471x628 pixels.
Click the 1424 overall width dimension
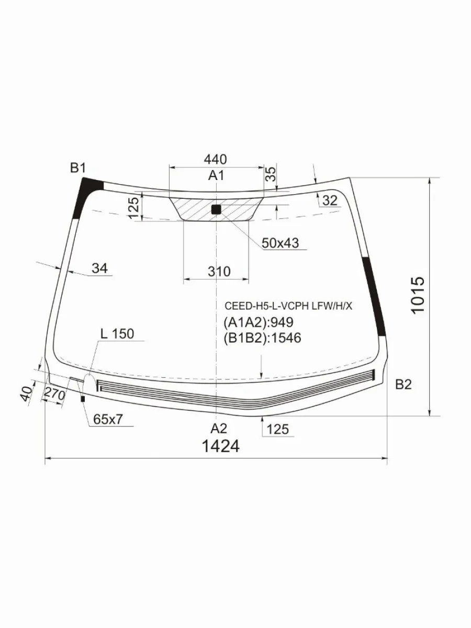tap(220, 446)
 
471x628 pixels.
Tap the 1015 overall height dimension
tap(418, 295)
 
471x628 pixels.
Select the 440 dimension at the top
tap(215, 159)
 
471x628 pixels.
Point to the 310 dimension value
tap(219, 271)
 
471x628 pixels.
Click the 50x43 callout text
tap(281, 243)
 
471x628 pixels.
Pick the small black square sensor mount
tap(216, 210)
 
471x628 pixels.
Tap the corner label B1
tap(78, 168)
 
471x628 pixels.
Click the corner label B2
tap(403, 385)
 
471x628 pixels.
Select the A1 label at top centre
tap(216, 175)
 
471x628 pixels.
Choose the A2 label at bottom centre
tap(219, 428)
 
